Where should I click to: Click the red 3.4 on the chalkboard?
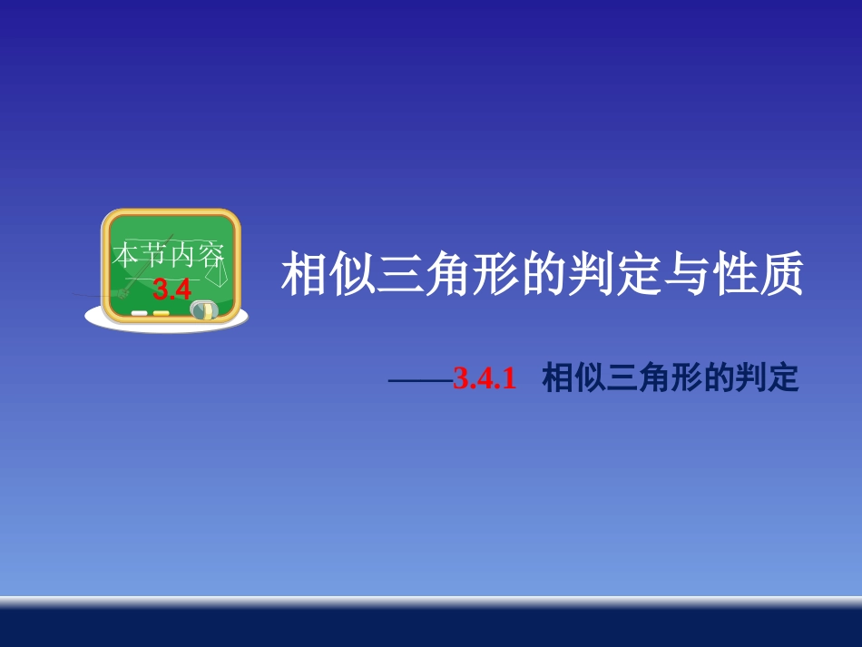pos(171,289)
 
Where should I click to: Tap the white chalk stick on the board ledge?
pos(140,313)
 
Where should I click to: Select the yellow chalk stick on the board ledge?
pos(161,313)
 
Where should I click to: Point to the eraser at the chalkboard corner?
pos(205,309)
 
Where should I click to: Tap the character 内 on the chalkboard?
pos(182,255)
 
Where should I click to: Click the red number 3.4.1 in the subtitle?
pos(485,380)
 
